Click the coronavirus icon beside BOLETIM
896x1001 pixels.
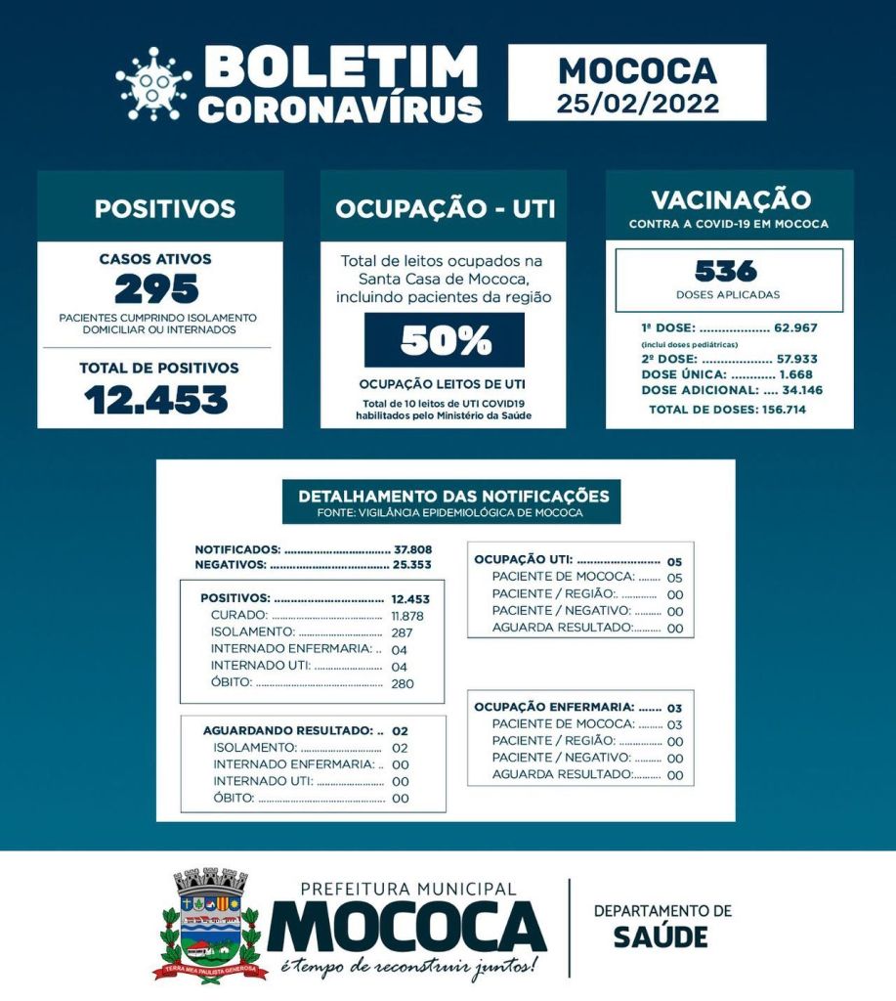[x=153, y=83]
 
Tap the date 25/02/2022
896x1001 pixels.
[x=637, y=103]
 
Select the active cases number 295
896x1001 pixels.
[x=156, y=289]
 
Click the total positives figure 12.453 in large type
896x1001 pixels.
[x=156, y=399]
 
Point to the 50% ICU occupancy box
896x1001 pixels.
[x=444, y=340]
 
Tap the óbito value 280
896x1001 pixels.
[x=402, y=683]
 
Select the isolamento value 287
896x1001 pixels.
[x=401, y=632]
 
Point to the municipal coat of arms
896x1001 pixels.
[x=211, y=924]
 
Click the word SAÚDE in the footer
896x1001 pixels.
[x=661, y=936]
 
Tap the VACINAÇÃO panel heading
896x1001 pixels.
[x=730, y=200]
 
